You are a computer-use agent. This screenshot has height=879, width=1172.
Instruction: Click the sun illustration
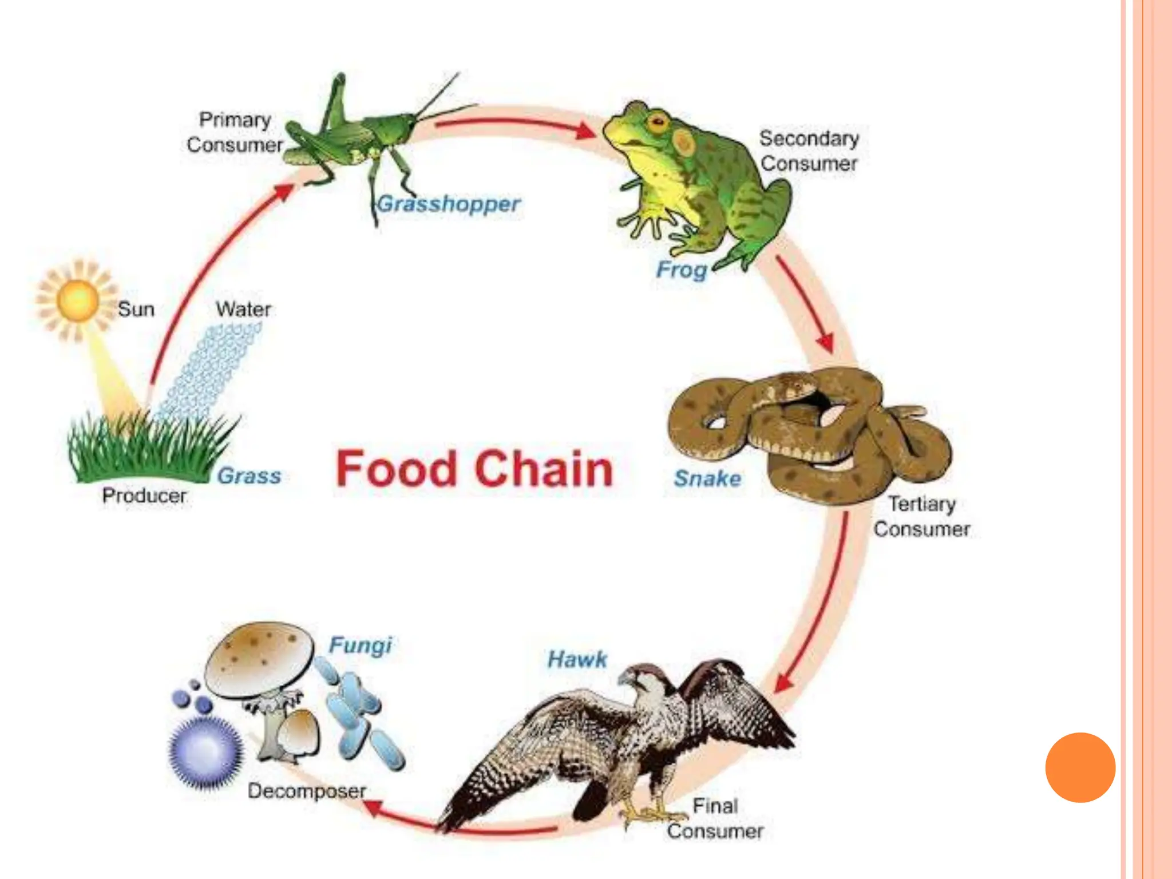(x=77, y=300)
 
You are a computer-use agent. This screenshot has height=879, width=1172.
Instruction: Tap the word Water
(x=243, y=310)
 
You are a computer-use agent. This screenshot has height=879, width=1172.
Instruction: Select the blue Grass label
(x=250, y=476)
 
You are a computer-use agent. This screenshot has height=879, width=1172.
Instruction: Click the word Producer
(x=144, y=496)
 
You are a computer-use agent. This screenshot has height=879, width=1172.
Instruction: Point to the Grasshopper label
(x=449, y=204)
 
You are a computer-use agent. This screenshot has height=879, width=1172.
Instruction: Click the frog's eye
(x=658, y=121)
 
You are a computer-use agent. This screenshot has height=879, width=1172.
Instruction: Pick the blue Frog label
(x=682, y=270)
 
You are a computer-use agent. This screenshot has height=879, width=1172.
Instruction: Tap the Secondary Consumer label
(x=809, y=151)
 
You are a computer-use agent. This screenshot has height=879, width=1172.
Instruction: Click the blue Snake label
(x=707, y=478)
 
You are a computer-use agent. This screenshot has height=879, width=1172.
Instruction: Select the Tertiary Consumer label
(x=921, y=516)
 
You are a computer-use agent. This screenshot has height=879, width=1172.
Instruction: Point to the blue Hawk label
(x=577, y=660)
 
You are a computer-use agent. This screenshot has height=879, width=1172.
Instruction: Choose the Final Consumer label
(x=715, y=819)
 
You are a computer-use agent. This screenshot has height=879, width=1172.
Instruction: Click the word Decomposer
(x=307, y=791)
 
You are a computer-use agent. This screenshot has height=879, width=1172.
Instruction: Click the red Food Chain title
(x=474, y=469)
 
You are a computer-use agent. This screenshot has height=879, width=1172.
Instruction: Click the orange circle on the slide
(x=1080, y=767)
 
